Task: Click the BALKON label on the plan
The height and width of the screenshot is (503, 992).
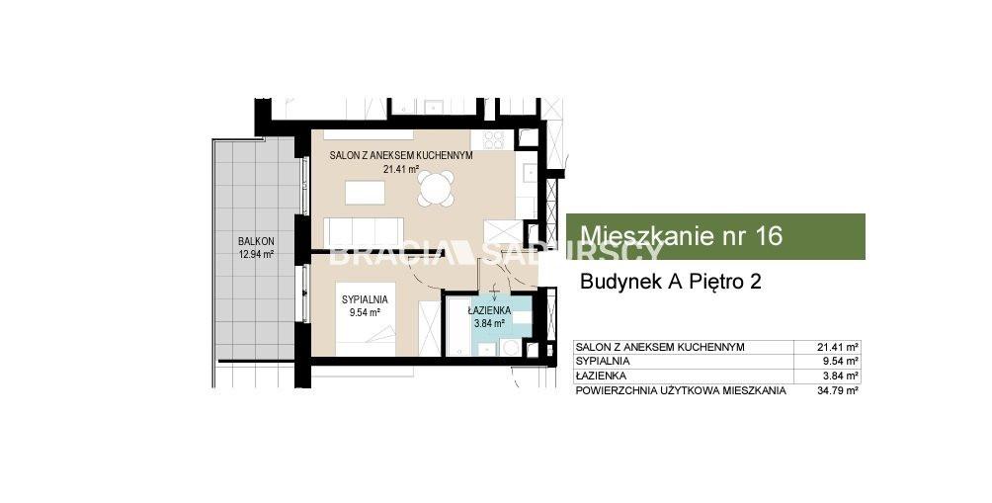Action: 256,242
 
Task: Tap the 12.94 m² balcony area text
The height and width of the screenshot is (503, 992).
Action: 256,255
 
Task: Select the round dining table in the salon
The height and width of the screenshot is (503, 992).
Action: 437,188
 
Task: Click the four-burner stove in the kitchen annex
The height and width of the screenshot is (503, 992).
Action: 493,139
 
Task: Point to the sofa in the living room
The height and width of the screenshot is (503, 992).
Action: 364,231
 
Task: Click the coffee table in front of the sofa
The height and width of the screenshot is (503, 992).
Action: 365,193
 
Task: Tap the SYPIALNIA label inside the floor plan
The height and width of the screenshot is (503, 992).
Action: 365,299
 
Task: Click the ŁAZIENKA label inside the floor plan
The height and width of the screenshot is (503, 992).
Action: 490,310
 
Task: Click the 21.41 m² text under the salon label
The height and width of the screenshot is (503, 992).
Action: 402,168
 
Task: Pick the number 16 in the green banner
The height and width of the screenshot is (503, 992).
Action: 768,235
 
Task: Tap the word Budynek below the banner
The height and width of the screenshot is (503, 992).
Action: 619,282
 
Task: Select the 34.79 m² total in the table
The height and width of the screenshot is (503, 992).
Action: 838,390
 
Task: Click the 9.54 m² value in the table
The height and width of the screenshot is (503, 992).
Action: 840,362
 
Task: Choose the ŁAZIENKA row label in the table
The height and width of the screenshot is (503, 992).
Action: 601,376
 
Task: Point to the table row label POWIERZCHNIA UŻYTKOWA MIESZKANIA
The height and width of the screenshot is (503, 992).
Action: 681,390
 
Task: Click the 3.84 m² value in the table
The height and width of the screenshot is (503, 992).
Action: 840,376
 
